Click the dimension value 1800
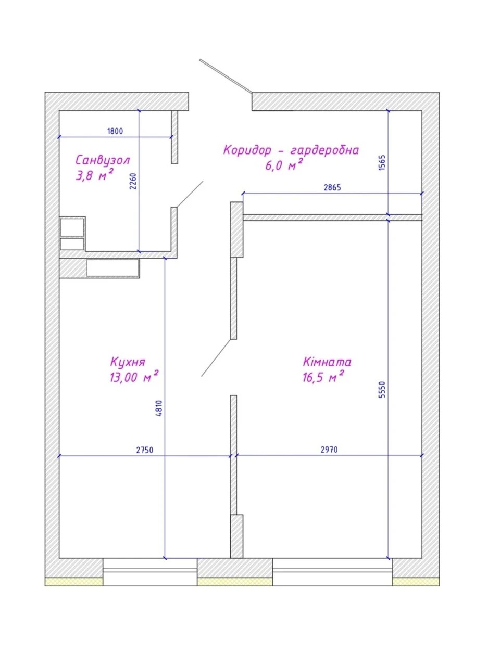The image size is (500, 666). point(115,131)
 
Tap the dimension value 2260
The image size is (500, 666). point(133,181)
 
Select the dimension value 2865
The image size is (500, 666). point(332,187)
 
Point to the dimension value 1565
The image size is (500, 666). point(382,162)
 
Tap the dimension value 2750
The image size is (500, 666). point(144,450)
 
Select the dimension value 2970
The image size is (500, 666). point(329,450)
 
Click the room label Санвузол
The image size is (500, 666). point(103,160)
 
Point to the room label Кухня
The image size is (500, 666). point(128,362)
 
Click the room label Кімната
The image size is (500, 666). point(327,362)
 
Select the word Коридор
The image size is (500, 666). point(247,150)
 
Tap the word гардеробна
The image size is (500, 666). point(325,150)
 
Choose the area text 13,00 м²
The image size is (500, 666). point(134,377)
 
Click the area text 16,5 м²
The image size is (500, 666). point(323,377)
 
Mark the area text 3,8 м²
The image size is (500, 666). point(94,175)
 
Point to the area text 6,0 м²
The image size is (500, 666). point(284,165)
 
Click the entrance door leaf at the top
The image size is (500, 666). point(226,76)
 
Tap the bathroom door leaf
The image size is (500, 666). point(190,194)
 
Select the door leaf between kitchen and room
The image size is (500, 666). point(217,358)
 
